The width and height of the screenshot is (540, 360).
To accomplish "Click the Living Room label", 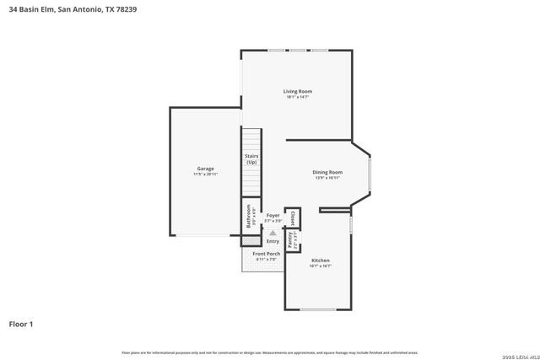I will (x=297, y=91).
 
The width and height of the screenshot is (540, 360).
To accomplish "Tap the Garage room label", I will (x=206, y=169).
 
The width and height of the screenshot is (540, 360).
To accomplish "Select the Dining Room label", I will (x=327, y=172).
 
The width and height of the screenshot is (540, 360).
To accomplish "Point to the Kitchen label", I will (x=320, y=261).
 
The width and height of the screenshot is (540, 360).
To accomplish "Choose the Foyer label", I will (x=273, y=216).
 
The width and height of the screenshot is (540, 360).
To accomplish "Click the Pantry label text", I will (x=289, y=240).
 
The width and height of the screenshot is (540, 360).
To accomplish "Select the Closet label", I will (x=293, y=218).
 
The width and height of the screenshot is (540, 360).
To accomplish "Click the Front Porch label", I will (x=267, y=254).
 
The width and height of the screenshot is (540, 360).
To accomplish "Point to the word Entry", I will (x=273, y=242).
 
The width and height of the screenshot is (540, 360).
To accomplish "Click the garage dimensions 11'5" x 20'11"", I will (x=206, y=175).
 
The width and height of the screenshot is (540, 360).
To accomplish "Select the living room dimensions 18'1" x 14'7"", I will (x=297, y=97).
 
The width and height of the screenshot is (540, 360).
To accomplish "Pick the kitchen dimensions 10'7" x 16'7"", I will (x=320, y=266).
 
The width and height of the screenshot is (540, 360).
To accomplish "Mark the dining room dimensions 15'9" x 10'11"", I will (x=327, y=178).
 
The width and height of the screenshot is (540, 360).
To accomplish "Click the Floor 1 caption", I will (x=21, y=324).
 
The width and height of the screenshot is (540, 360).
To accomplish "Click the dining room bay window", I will (x=370, y=174).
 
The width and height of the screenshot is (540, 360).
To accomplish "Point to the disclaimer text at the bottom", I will (x=269, y=352).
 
